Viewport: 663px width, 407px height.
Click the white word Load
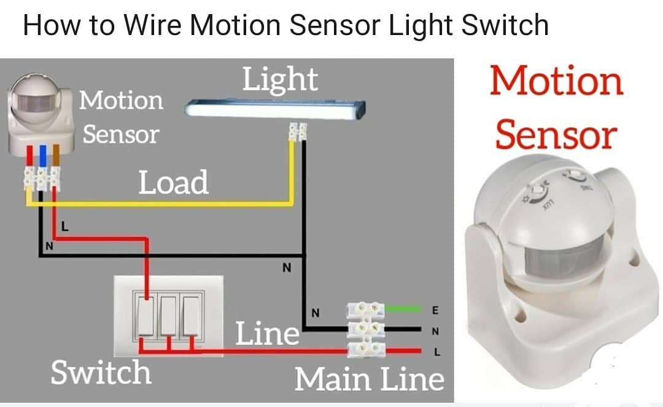173,183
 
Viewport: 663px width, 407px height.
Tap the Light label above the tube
280,80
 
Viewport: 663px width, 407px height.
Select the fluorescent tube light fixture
275,108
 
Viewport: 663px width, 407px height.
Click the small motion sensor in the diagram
40,114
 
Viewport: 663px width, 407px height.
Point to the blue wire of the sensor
43,156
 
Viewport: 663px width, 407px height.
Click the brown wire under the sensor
56,156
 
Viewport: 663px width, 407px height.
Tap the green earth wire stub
403,309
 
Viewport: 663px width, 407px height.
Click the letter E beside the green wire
435,310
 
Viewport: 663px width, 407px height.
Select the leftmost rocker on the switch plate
146,316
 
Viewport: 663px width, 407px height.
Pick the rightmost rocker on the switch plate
191,316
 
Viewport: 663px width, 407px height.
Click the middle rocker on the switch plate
168,316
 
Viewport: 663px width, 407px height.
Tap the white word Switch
101,373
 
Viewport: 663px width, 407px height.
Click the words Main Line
369,379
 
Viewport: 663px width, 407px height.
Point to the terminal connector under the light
298,132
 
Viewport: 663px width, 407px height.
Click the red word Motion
556,81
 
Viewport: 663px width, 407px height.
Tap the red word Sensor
556,135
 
